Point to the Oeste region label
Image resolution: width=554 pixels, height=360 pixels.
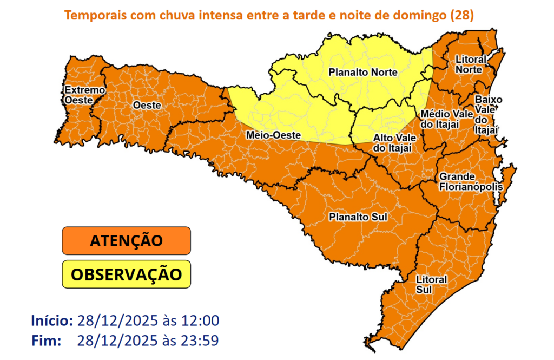click(147, 105)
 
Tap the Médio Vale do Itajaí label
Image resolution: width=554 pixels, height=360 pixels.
click(440, 119)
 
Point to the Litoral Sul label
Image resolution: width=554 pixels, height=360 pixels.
click(431, 284)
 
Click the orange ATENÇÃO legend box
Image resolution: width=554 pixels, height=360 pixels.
click(127, 240)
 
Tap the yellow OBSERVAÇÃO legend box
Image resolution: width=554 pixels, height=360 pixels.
click(127, 274)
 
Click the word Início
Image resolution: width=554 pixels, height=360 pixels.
click(52, 320)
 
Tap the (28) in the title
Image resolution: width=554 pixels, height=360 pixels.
click(462, 15)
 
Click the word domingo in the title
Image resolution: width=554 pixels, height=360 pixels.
click(420, 15)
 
